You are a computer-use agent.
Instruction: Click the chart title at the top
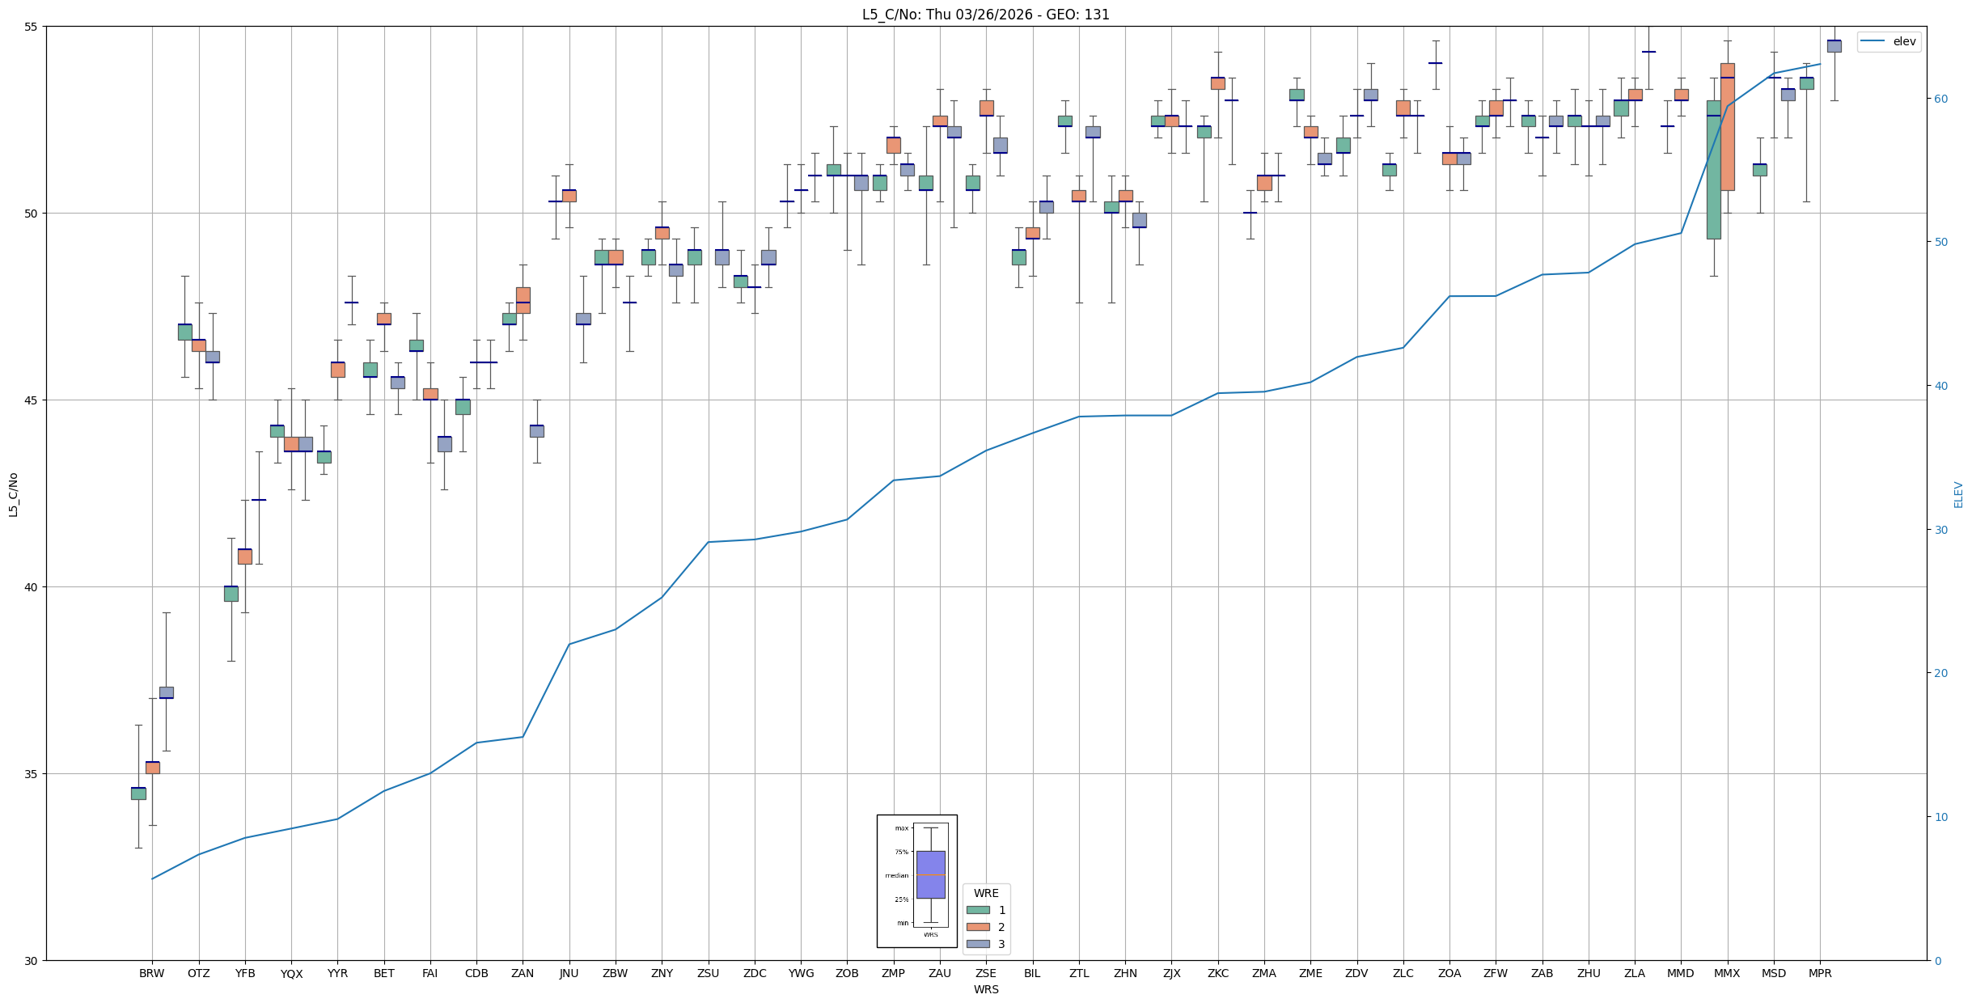[985, 15]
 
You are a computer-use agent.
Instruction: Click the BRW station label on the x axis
[151, 973]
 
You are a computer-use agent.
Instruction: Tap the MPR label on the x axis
[1820, 973]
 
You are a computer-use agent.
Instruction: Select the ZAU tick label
[939, 973]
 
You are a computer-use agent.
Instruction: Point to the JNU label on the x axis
[569, 973]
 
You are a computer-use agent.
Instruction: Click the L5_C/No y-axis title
[13, 493]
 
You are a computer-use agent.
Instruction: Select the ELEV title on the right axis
[1958, 494]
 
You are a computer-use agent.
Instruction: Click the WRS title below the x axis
[985, 989]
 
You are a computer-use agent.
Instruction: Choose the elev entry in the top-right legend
[1904, 41]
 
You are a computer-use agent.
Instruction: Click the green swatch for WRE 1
[978, 910]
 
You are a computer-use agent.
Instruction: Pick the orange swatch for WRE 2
[978, 927]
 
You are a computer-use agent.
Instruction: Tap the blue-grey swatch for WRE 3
[978, 944]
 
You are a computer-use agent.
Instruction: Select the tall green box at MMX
[1713, 170]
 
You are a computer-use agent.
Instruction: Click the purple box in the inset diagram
[930, 874]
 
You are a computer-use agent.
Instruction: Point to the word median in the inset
[896, 875]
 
